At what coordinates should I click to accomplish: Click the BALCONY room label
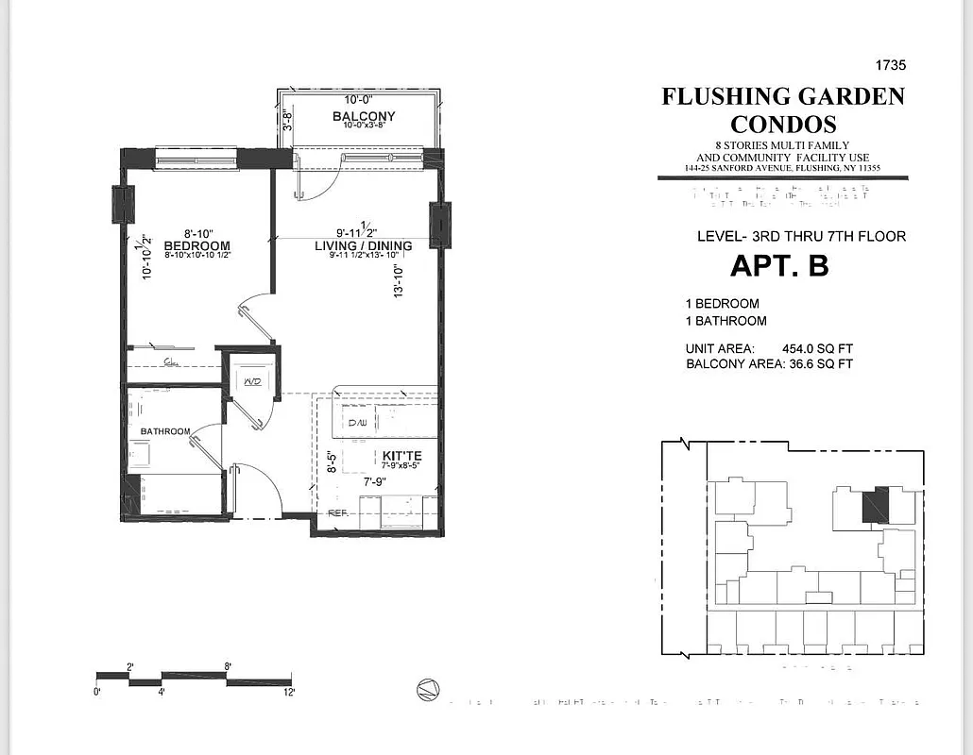364,116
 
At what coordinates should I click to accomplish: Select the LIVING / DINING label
363,245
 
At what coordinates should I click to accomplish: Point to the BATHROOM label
165,431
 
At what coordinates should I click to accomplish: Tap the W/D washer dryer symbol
252,381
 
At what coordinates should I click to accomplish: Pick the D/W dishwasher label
357,423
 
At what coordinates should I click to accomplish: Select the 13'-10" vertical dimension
400,280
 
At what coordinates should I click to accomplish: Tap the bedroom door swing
255,316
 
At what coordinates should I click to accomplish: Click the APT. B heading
778,265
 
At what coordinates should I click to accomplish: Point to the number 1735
889,65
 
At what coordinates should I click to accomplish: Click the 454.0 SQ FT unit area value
817,348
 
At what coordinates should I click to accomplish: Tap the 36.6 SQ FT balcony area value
820,363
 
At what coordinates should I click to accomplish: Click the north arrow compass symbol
428,691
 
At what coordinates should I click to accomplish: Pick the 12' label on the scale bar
287,692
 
